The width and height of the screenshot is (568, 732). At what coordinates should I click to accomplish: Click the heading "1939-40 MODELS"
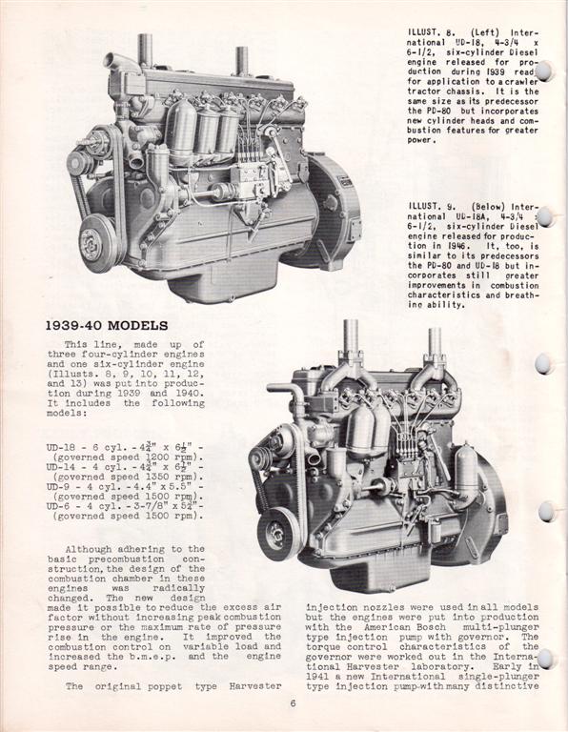click(106, 325)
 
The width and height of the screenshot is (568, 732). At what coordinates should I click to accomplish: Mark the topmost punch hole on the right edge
click(544, 71)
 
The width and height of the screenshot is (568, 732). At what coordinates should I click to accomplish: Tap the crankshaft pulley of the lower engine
click(277, 534)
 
